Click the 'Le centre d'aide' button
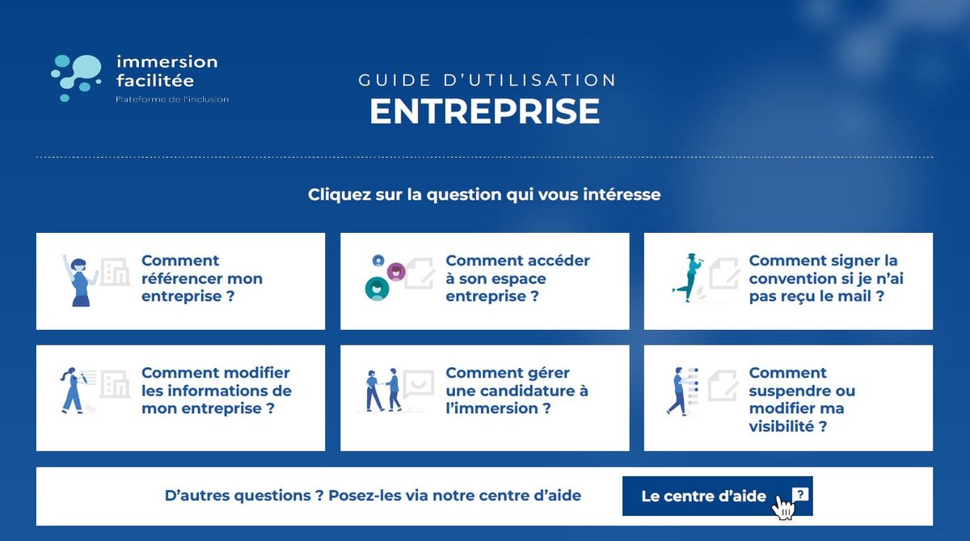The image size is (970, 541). [717, 496]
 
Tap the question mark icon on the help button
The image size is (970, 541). [800, 494]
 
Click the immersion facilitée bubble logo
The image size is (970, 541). [76, 78]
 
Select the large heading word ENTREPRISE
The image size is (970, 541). [484, 112]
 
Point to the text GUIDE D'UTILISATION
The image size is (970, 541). [487, 80]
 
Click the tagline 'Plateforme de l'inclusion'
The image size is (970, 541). [172, 99]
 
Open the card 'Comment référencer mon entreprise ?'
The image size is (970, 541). [202, 278]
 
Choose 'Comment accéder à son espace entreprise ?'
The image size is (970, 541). [517, 278]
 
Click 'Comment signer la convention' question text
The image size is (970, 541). [826, 278]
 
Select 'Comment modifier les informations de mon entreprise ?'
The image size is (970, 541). [217, 391]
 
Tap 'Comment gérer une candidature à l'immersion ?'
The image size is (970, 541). [517, 391]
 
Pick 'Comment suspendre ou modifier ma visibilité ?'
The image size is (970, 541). [802, 399]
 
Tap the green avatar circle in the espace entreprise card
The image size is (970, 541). [377, 289]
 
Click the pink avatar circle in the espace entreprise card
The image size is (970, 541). [396, 272]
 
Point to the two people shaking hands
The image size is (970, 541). [383, 390]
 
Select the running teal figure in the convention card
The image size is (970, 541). [689, 277]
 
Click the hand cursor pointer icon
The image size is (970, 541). [784, 507]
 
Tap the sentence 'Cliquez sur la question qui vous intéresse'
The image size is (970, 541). [484, 195]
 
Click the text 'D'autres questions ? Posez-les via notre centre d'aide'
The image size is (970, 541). [373, 496]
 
